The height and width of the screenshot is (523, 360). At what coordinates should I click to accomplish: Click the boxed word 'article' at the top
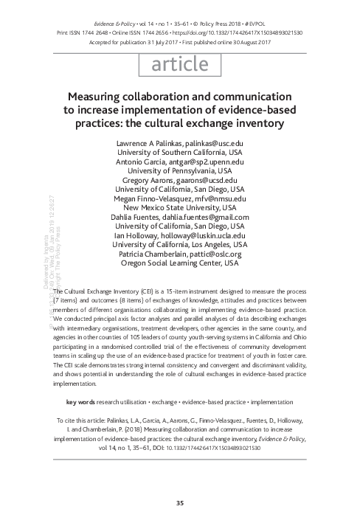tap(179, 65)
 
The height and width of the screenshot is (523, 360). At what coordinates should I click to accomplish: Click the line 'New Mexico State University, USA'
tap(179, 207)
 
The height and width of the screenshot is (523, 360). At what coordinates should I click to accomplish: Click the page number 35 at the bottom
tap(179, 503)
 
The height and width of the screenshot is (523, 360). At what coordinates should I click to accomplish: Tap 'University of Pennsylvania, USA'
tap(179, 170)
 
